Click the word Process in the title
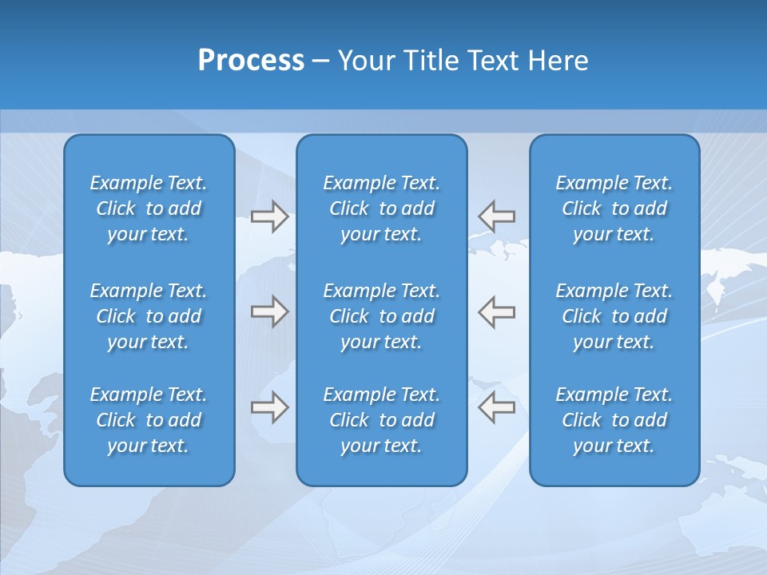click(x=251, y=61)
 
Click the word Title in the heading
click(x=431, y=61)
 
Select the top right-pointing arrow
click(x=269, y=216)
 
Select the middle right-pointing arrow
click(x=269, y=311)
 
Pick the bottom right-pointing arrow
click(x=269, y=407)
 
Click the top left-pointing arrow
click(x=497, y=216)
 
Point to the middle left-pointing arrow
click(x=497, y=311)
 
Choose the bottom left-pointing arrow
click(x=497, y=407)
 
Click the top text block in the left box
click(x=149, y=208)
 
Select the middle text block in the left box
click(x=149, y=316)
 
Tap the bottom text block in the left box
click(x=149, y=420)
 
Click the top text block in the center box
click(x=381, y=208)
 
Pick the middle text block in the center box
click(x=381, y=316)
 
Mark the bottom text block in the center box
click(x=381, y=420)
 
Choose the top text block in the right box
click(x=614, y=208)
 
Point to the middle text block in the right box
click(x=614, y=316)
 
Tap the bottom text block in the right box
click(x=614, y=420)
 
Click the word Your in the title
click(x=365, y=61)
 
